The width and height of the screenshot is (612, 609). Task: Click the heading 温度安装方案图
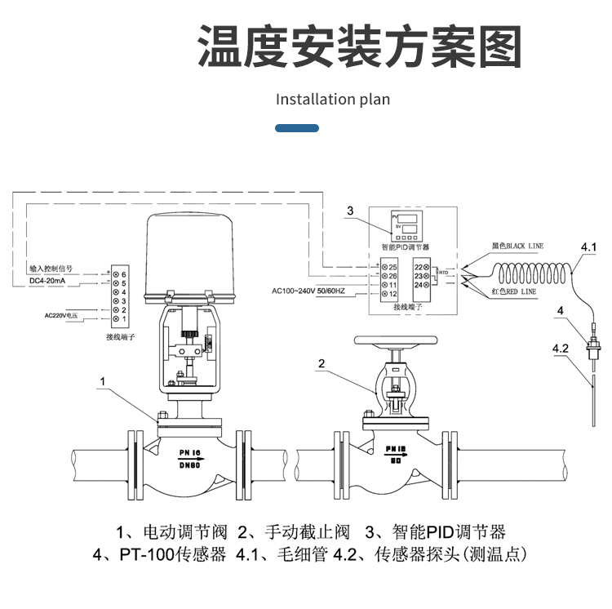coord(360,47)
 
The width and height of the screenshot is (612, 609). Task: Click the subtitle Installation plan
coord(333,100)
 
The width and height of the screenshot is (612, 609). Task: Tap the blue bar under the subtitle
coord(297,129)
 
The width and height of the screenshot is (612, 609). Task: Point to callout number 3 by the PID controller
coord(350,211)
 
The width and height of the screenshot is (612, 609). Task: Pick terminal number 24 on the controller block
coord(422,284)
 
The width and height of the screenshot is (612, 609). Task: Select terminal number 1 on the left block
coord(120,318)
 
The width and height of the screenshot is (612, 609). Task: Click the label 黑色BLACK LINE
coord(517,246)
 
